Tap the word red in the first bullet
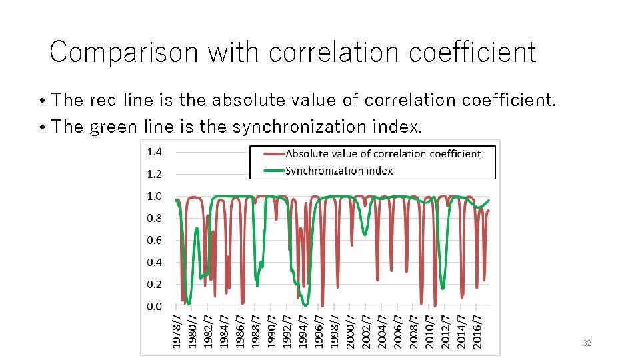point(103,100)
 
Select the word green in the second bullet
point(113,126)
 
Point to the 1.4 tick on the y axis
point(154,152)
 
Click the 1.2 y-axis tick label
point(154,174)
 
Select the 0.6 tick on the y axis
point(154,240)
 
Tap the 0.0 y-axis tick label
point(154,306)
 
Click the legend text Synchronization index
point(339,171)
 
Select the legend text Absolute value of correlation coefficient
point(383,154)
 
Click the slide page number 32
point(587,343)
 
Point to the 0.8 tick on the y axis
point(154,218)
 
